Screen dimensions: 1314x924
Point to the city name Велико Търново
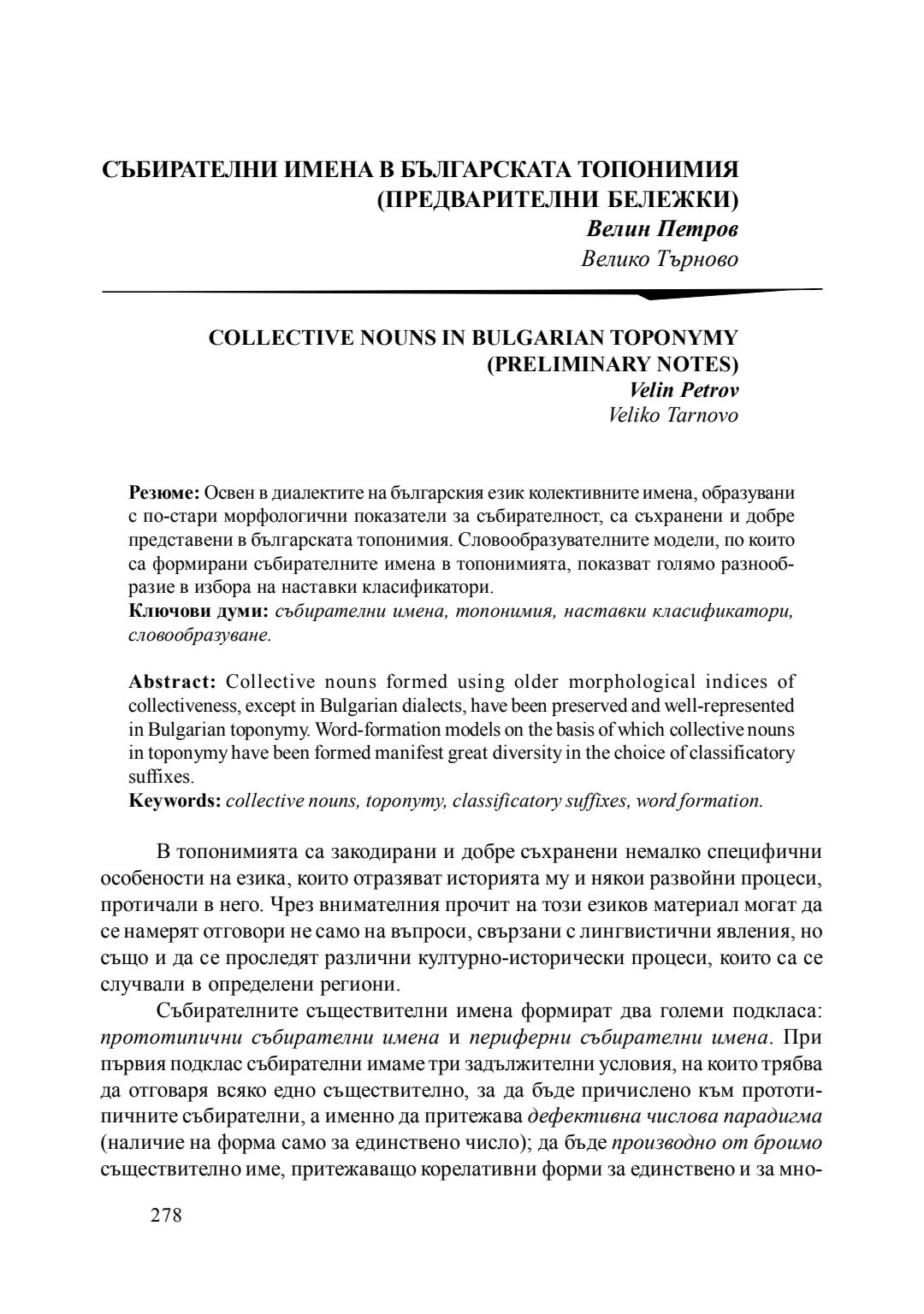click(x=659, y=257)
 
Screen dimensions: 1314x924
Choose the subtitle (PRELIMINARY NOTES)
click(x=612, y=364)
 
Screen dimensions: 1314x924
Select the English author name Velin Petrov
click(x=684, y=390)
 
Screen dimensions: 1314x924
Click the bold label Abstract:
click(x=175, y=682)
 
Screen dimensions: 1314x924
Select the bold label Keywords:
click(x=175, y=801)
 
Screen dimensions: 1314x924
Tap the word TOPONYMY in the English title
click(x=669, y=337)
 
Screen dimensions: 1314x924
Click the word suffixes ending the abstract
click(x=149, y=777)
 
